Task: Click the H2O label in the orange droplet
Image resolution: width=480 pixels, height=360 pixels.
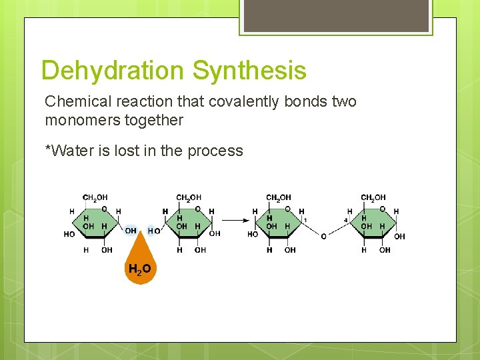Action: click(x=139, y=269)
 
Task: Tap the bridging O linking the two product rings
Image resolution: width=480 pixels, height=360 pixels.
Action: click(x=323, y=236)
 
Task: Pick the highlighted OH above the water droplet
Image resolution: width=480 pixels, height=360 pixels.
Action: click(x=131, y=231)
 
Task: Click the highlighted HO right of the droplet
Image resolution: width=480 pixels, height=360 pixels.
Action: click(x=153, y=231)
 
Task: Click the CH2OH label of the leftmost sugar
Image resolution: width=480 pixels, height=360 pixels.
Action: click(x=95, y=197)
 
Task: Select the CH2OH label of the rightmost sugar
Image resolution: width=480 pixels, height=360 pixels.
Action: click(x=373, y=197)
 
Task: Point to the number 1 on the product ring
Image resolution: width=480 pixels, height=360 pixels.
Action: click(x=305, y=219)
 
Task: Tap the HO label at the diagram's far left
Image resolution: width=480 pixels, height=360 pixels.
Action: click(x=69, y=235)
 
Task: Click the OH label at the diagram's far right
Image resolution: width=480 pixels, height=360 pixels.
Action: click(x=399, y=236)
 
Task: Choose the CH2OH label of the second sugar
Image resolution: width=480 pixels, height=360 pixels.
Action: click(x=188, y=197)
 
